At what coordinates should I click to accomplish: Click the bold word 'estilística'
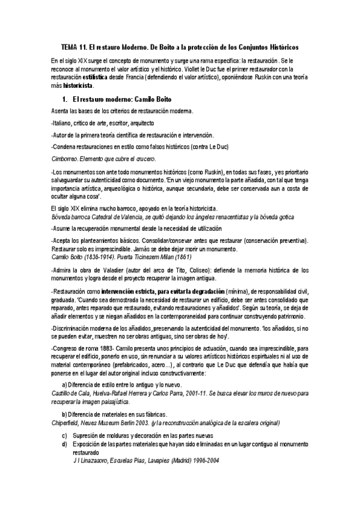[x=100, y=78]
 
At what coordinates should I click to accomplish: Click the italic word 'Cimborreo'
[x=65, y=159]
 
